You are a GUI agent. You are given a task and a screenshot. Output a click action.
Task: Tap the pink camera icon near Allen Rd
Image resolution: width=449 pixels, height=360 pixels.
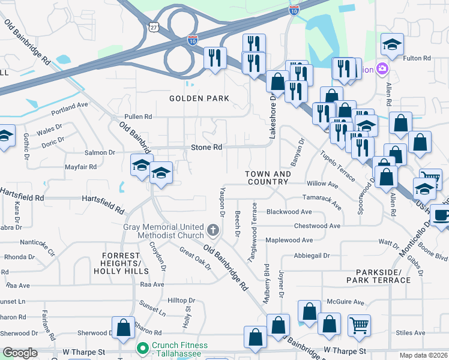379,69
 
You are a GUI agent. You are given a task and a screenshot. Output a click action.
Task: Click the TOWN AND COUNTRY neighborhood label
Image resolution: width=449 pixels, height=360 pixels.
268,178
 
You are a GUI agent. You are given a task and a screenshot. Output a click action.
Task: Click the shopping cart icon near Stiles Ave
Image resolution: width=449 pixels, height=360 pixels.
359,325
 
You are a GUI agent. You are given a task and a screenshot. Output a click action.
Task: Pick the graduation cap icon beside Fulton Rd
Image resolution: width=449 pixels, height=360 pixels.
392,44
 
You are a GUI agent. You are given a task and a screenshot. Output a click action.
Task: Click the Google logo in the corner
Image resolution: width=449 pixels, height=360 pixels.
20,353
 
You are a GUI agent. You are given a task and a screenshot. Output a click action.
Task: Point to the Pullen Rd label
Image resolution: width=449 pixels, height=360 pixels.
138,116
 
